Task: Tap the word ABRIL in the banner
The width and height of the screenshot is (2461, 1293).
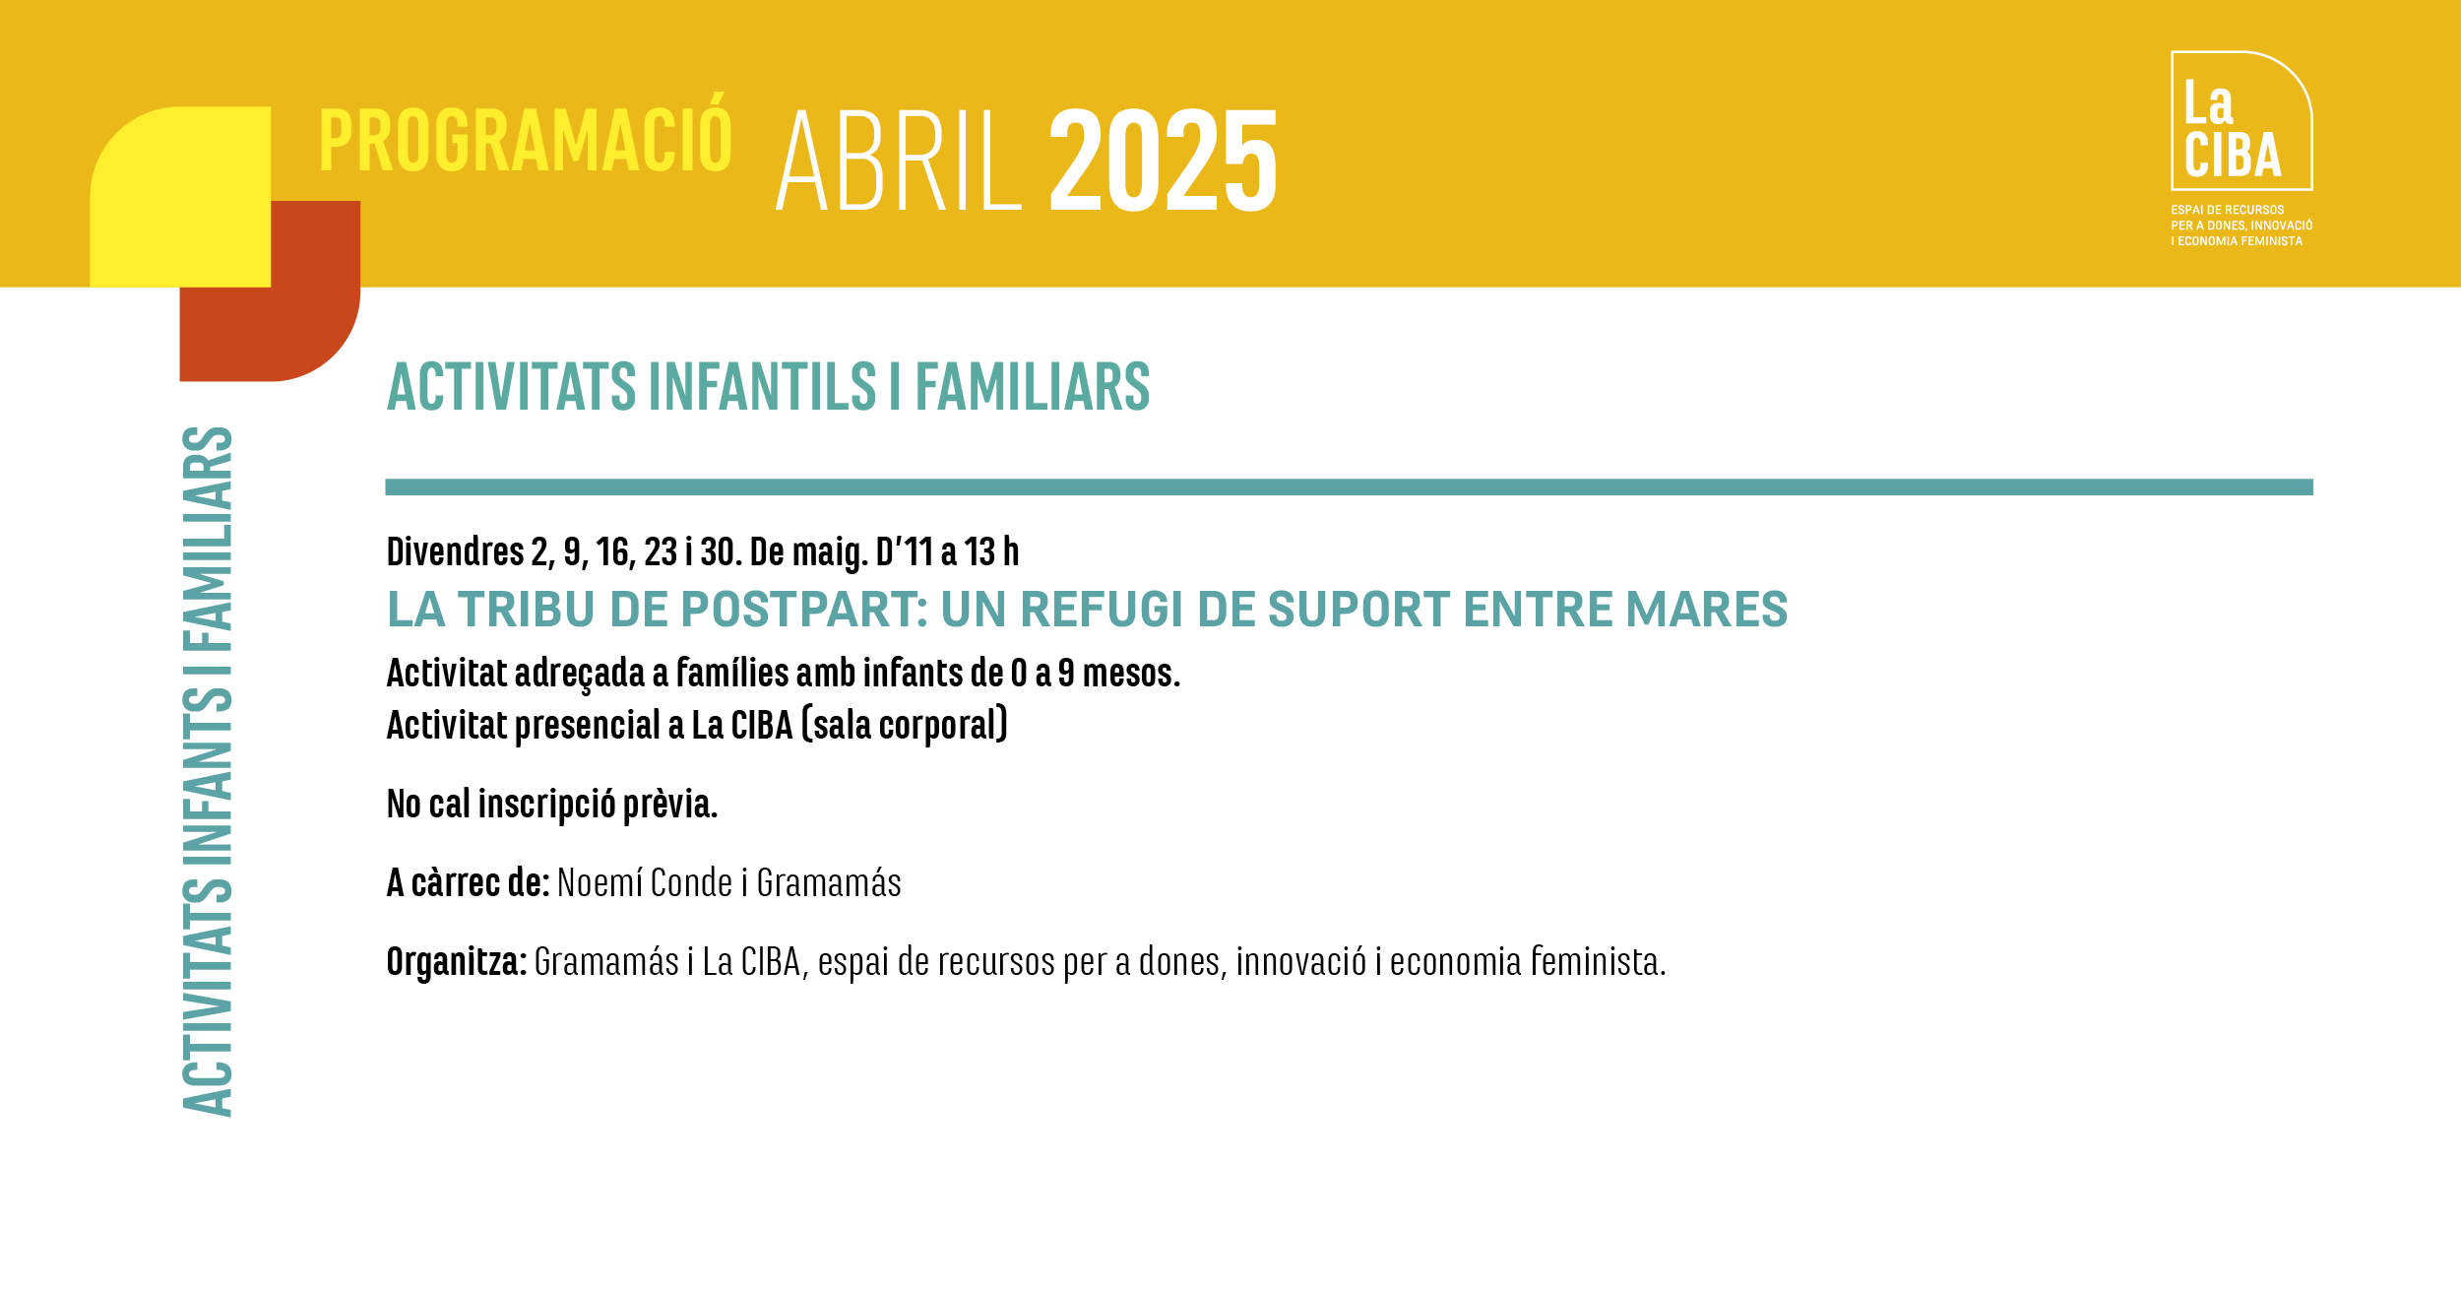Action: (x=900, y=161)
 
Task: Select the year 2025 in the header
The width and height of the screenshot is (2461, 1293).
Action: (x=1164, y=161)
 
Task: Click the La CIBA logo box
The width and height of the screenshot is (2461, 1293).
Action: (x=2241, y=120)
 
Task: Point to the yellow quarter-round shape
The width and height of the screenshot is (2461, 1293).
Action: (x=180, y=197)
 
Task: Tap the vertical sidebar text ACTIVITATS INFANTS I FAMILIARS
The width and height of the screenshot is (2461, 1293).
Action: (x=208, y=771)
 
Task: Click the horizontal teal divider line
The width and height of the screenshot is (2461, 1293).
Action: (x=1349, y=487)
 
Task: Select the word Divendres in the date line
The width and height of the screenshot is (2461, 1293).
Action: (x=455, y=552)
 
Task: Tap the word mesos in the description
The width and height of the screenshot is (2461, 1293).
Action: (x=1131, y=674)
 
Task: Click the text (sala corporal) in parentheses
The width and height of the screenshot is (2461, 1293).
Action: (x=905, y=726)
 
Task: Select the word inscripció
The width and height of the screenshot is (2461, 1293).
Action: (x=546, y=805)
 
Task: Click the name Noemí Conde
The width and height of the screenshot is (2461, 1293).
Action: (x=645, y=883)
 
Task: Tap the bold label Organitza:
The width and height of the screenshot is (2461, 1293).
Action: (x=457, y=962)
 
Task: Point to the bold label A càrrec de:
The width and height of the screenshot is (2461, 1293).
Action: (x=468, y=883)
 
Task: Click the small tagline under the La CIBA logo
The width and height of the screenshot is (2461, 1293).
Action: (x=2241, y=226)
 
